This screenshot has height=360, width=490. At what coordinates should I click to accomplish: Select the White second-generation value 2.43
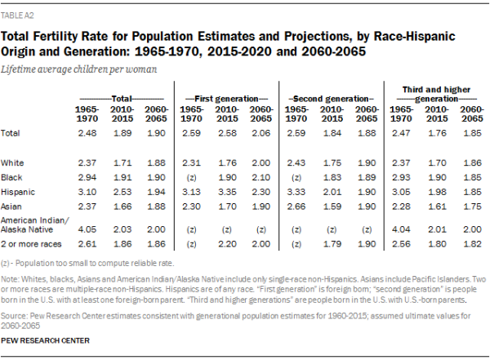[x=300, y=162]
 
